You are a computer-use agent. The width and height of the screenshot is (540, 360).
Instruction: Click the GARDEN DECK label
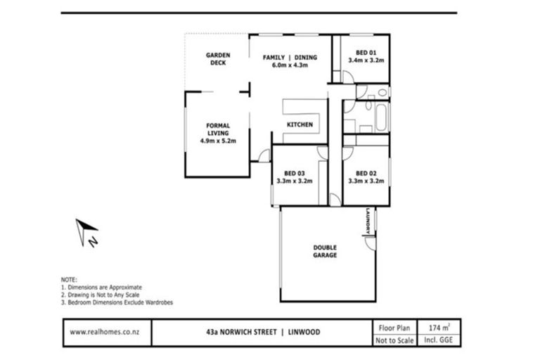click(218, 58)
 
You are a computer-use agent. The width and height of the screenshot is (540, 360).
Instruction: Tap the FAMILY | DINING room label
click(290, 57)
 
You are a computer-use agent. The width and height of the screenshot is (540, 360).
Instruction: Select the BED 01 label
click(366, 52)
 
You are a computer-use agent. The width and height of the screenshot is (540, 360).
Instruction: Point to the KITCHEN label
click(299, 124)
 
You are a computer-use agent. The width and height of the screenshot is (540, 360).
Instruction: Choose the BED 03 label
click(295, 173)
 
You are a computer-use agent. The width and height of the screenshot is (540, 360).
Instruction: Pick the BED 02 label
click(366, 173)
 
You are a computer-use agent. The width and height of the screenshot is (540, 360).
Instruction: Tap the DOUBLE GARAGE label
click(325, 251)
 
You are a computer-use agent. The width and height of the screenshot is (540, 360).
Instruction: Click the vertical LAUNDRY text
click(367, 222)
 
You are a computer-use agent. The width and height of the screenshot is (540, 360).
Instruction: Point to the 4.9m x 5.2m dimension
click(218, 141)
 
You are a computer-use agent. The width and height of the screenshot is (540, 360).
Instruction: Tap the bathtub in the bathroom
click(381, 117)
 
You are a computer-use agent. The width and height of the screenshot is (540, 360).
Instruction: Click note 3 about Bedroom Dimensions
click(117, 302)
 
